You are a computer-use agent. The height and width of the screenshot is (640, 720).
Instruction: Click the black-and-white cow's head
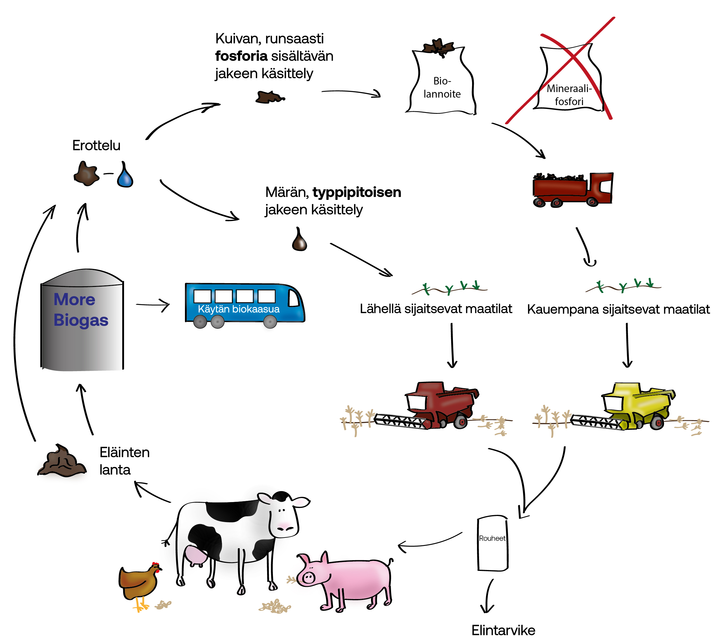click(284, 514)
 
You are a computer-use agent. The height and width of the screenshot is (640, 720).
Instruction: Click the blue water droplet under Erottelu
click(125, 175)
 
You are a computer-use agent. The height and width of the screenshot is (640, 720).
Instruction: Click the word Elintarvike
click(503, 630)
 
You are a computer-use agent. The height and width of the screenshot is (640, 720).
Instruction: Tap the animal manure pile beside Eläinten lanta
click(62, 461)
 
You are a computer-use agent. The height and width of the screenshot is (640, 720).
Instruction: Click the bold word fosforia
click(241, 56)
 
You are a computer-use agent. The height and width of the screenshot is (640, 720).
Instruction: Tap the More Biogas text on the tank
click(81, 310)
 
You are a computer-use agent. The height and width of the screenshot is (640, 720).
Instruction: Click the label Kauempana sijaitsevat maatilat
click(618, 309)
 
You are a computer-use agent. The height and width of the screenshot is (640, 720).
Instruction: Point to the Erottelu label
click(96, 145)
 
